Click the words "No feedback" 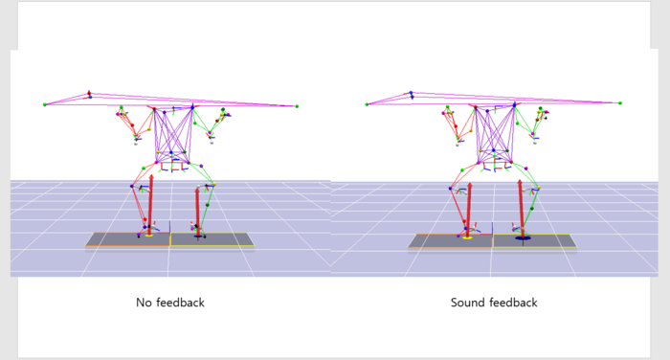[170, 303]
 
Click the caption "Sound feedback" [494, 303]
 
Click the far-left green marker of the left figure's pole [44, 104]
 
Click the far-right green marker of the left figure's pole [297, 106]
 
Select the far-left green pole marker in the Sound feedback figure [367, 104]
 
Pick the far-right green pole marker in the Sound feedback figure [619, 102]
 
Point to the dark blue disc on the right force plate [523, 237]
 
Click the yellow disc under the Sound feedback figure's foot [466, 236]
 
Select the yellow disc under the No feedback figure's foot [149, 234]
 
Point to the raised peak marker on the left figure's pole [89, 93]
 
